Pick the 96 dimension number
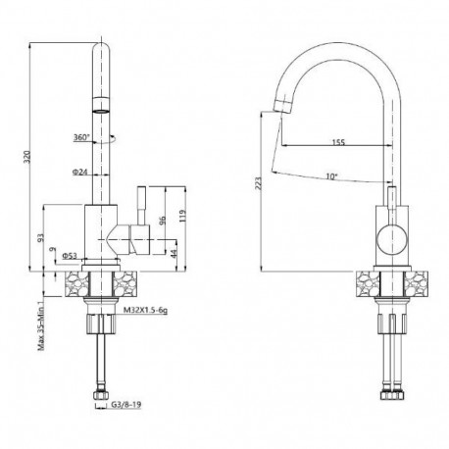point(164,222)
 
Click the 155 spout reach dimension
point(338,142)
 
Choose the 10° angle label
point(334,176)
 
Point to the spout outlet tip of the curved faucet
point(280,107)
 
